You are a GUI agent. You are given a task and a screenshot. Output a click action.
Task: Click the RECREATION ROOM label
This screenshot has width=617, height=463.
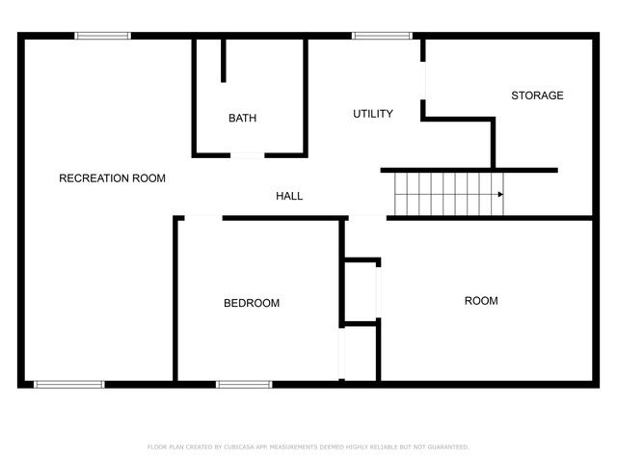[112, 178]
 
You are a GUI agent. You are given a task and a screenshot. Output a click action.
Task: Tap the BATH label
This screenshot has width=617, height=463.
[242, 119]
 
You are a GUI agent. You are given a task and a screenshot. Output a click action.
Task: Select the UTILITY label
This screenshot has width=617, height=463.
[372, 114]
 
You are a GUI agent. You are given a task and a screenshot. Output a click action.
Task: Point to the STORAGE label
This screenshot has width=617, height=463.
[537, 95]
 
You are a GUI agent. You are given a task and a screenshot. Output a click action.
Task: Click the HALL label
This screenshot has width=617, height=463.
[289, 196]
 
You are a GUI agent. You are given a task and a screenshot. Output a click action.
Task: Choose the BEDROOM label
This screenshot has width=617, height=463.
[252, 303]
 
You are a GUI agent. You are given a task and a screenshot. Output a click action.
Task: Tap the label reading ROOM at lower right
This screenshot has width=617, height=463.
[481, 301]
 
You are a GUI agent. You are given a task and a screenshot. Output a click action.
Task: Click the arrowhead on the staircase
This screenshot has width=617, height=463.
[499, 195]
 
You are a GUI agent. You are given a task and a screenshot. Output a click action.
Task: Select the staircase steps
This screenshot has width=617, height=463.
[448, 194]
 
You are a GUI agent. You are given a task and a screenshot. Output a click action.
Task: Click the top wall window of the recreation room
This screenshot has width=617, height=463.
[103, 37]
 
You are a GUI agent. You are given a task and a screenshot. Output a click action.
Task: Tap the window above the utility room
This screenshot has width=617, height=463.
[382, 37]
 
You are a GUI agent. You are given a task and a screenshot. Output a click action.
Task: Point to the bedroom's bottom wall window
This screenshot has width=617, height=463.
[244, 384]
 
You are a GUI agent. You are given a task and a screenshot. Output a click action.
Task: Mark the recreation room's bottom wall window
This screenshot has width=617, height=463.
[69, 384]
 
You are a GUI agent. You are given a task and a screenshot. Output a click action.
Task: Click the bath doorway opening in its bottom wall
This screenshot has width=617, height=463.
[247, 154]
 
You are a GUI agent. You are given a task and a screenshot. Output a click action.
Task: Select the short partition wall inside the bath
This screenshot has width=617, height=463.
[223, 61]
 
